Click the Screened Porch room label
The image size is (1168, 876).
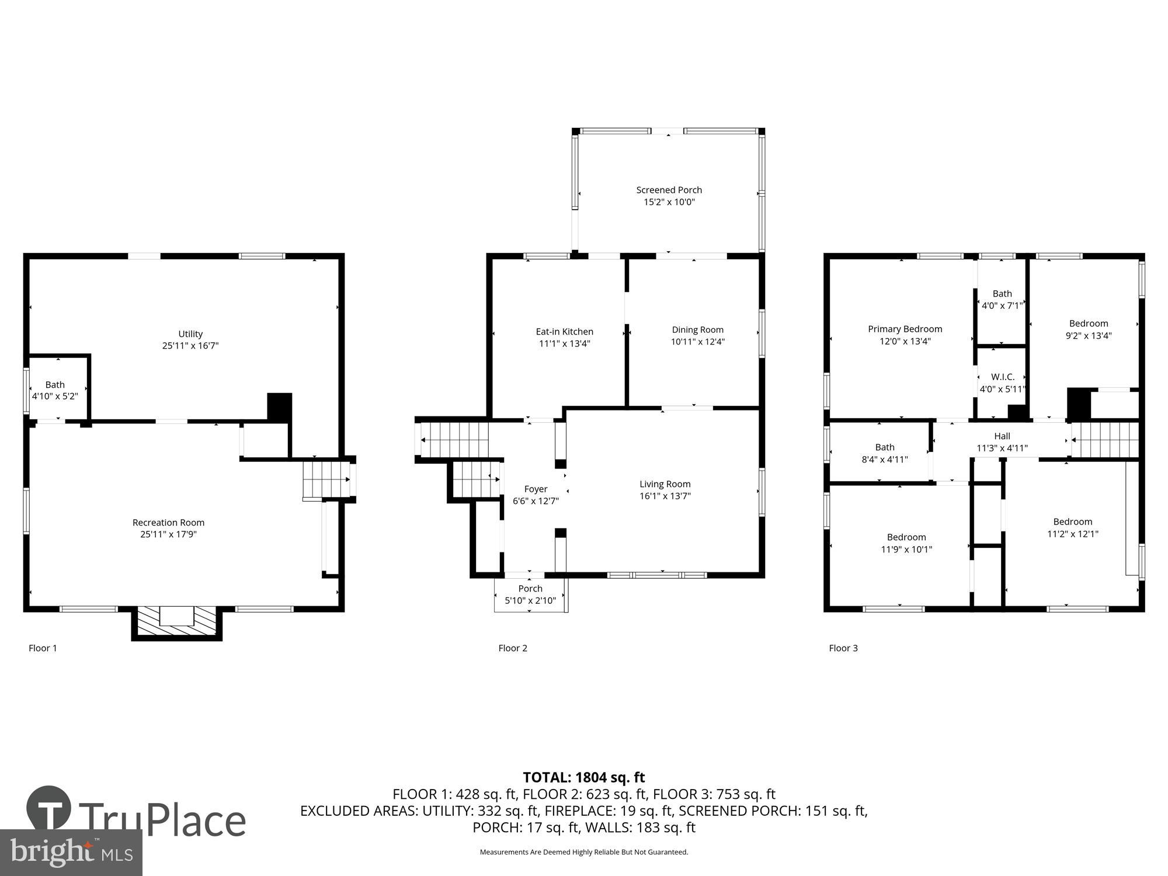(669, 190)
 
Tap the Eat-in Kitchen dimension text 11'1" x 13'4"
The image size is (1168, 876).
(564, 343)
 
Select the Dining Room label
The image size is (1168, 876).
(697, 330)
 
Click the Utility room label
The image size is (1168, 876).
(190, 334)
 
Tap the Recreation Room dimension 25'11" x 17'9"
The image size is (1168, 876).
(168, 534)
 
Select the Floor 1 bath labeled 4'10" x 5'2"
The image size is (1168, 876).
(55, 390)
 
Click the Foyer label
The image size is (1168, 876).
(536, 489)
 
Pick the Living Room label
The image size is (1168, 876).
(665, 484)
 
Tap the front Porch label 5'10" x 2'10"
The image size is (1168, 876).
(530, 595)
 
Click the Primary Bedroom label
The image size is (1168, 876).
(905, 329)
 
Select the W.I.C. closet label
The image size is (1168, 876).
(1002, 377)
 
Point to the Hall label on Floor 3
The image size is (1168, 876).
(1002, 436)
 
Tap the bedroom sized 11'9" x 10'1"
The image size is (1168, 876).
(906, 543)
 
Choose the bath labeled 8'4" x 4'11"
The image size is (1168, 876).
(884, 453)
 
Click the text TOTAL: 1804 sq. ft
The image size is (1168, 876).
(583, 777)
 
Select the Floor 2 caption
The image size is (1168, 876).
(512, 648)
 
